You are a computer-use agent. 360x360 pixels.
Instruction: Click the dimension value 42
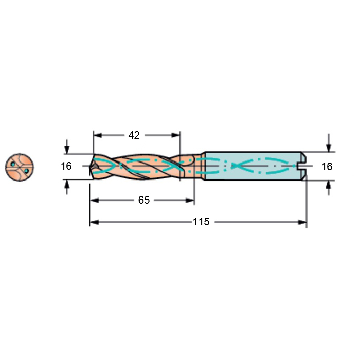click(x=134, y=135)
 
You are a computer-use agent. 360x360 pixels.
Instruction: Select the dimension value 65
click(x=144, y=200)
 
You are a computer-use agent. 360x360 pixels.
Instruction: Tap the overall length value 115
click(x=201, y=222)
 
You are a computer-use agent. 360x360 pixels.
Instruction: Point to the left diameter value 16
click(x=66, y=166)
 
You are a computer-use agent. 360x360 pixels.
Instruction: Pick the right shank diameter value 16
click(x=327, y=167)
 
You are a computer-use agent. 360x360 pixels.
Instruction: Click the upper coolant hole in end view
click(x=13, y=164)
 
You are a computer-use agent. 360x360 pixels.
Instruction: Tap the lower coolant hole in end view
click(x=26, y=171)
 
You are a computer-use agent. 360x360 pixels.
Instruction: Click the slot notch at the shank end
click(x=299, y=166)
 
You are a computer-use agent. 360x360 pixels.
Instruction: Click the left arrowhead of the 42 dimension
click(x=97, y=135)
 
